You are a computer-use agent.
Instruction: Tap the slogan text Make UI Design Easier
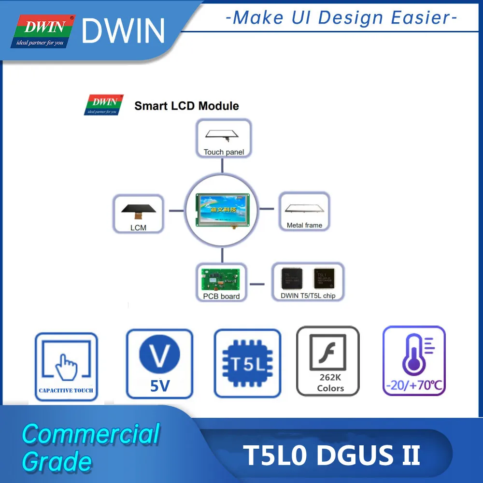[341, 18]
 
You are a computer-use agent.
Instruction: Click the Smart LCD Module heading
[186, 106]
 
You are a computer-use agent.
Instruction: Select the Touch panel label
[224, 152]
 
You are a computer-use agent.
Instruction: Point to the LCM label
[138, 227]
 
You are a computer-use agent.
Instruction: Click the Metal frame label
[304, 225]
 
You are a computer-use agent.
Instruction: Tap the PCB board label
[222, 296]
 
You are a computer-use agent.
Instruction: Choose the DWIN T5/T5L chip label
[308, 296]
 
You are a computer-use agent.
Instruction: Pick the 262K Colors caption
[330, 383]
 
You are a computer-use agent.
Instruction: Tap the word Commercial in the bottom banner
[91, 434]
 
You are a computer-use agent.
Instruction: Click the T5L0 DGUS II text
[331, 455]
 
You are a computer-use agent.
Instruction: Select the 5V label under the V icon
[159, 387]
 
